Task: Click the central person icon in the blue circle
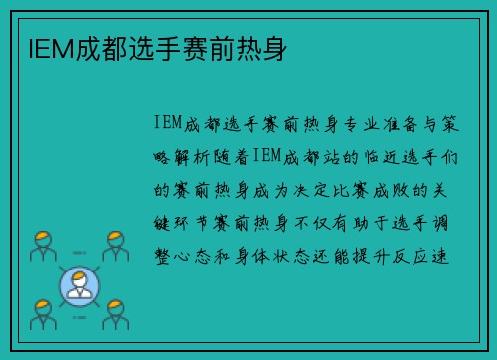tap(80, 284)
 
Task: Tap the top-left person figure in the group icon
tap(41, 245)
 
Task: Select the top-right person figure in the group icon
tap(116, 245)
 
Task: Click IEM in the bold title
tap(42, 47)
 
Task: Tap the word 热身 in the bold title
tap(267, 47)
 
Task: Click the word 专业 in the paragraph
tap(359, 124)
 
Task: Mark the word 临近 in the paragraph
tap(384, 156)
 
